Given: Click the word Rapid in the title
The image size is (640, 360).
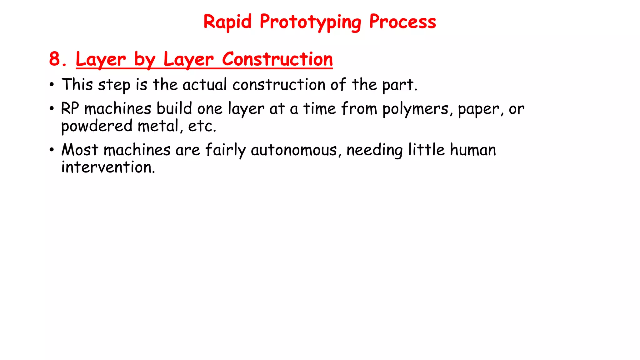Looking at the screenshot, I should (x=227, y=22).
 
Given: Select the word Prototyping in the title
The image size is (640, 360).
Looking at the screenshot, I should (x=310, y=22).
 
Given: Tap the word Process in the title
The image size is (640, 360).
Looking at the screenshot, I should (x=402, y=22).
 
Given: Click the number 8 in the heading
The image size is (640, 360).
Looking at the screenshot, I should (x=55, y=59).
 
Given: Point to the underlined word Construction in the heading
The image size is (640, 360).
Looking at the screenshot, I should (x=277, y=59).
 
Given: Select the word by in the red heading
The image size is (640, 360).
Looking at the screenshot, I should (x=144, y=60).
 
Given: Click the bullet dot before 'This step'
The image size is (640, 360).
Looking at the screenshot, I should (x=52, y=85).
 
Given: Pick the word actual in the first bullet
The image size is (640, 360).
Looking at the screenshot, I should (x=205, y=85).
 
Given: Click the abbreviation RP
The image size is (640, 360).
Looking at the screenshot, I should (x=70, y=108).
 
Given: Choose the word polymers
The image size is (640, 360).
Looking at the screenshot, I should (x=415, y=109).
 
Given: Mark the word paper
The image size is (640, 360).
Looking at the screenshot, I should (x=478, y=109).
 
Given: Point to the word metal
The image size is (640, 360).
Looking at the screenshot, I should (x=158, y=126).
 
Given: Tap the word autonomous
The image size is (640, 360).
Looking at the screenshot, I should (x=293, y=150).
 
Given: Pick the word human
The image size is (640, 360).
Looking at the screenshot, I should (x=473, y=150).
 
